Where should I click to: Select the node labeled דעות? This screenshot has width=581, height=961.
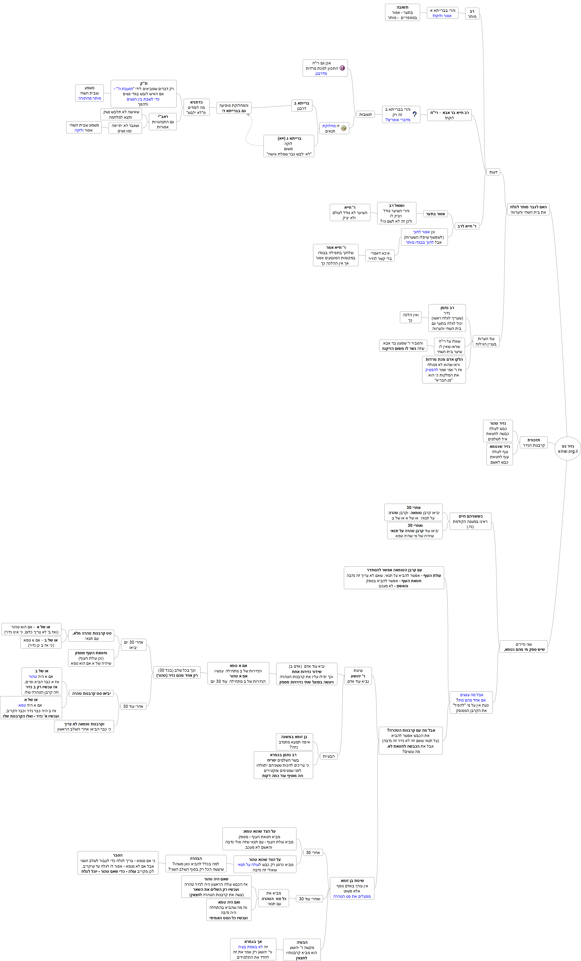[493, 172]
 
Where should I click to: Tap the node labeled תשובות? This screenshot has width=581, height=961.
[365, 114]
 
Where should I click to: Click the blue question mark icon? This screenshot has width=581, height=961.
[415, 114]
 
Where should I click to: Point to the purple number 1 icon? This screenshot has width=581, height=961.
[342, 68]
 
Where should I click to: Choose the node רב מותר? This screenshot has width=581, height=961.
[472, 14]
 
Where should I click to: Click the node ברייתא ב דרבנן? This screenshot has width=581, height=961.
[302, 106]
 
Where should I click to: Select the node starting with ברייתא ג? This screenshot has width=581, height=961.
[289, 146]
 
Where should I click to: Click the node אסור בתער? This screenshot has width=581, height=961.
[435, 214]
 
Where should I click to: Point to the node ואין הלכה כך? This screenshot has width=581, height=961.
[410, 317]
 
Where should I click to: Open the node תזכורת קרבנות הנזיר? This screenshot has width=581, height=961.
[534, 442]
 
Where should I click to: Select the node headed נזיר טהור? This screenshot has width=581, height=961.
[498, 431]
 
